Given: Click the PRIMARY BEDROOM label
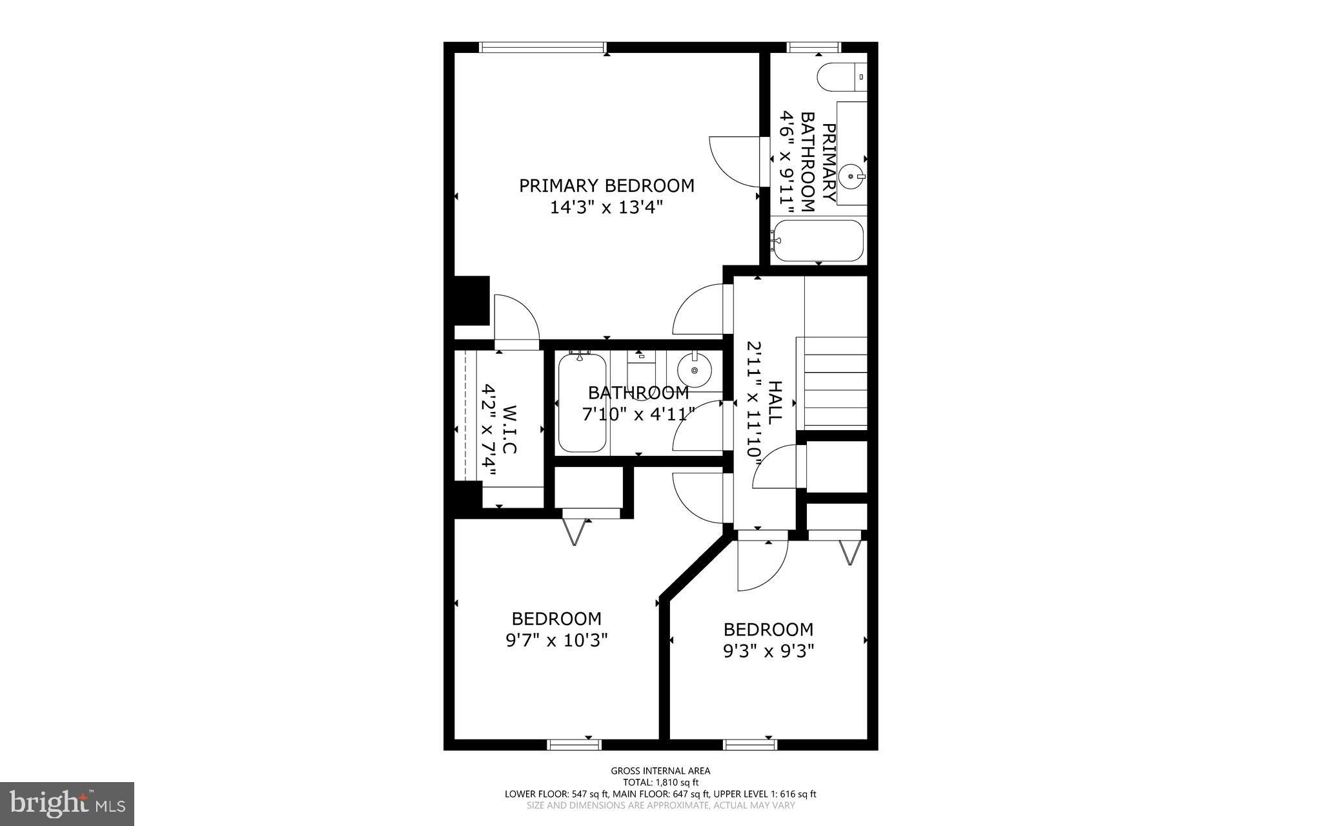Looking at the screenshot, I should click(607, 186).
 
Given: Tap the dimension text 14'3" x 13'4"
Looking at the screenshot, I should click(607, 208).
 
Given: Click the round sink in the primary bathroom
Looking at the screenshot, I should click(853, 175).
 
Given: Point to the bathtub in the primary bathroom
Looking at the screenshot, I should click(818, 241).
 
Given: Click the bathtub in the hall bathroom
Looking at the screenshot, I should click(582, 404).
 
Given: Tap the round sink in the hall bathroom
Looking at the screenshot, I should click(695, 370).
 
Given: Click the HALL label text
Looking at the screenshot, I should click(774, 402).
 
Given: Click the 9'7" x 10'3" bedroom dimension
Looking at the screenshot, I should click(556, 641).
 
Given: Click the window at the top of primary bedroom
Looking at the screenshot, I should click(542, 47).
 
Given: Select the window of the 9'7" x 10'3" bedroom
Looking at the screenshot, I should click(574, 745).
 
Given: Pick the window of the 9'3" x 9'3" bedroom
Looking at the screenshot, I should click(750, 745).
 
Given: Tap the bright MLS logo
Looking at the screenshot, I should click(67, 803).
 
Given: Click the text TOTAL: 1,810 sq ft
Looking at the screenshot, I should click(660, 782).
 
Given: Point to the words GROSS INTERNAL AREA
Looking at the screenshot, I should click(660, 770).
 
